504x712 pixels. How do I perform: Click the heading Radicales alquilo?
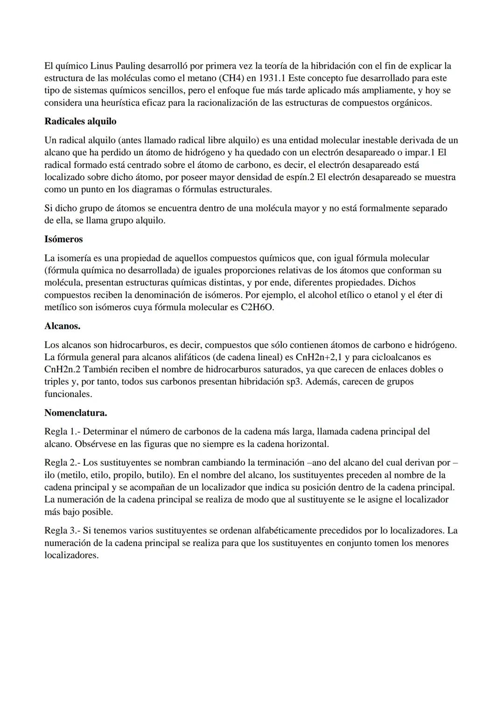[x=80, y=121]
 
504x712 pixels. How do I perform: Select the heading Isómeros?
[x=63, y=239]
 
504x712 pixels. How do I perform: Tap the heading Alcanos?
[x=62, y=326]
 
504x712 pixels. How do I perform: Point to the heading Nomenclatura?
[x=76, y=413]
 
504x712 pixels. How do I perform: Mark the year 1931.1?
[x=270, y=78]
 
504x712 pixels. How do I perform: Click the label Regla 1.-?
[x=62, y=432]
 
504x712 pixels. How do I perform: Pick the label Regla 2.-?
[x=62, y=463]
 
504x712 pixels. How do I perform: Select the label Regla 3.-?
[x=62, y=531]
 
